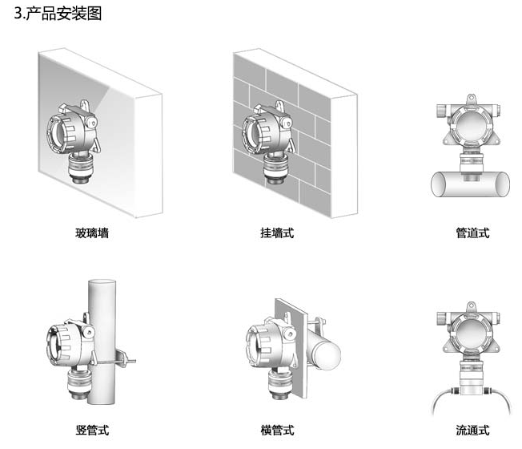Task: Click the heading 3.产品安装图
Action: tap(53, 14)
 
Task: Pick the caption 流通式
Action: tap(472, 431)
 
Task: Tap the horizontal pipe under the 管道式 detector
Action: tap(472, 182)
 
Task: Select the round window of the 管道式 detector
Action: tap(472, 125)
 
